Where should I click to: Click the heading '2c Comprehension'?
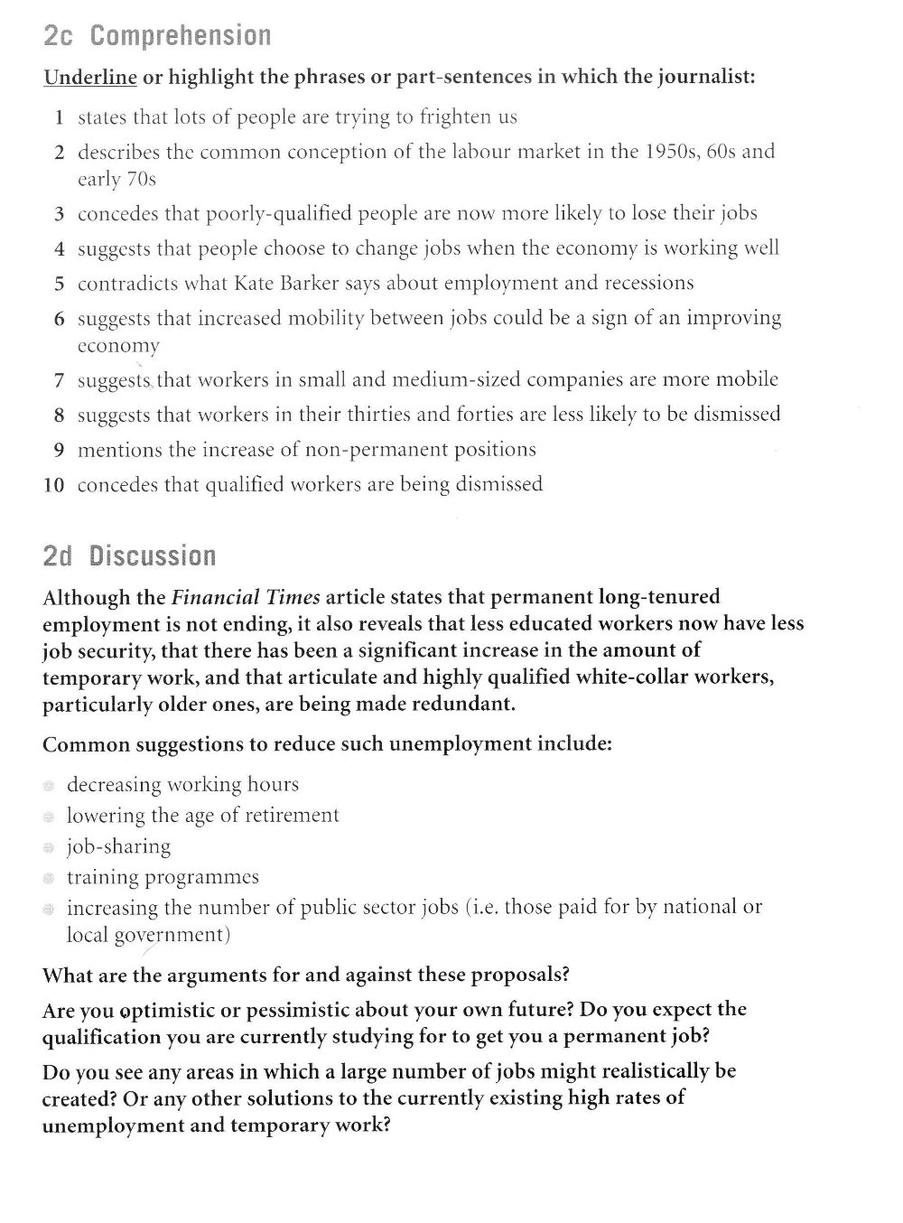point(157,35)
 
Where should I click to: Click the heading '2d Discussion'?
point(129,555)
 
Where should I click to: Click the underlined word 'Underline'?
point(90,77)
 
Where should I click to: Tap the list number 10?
point(54,485)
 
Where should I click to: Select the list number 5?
point(59,284)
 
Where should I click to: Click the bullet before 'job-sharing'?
point(49,847)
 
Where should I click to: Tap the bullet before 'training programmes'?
point(49,878)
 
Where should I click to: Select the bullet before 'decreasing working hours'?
point(49,786)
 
